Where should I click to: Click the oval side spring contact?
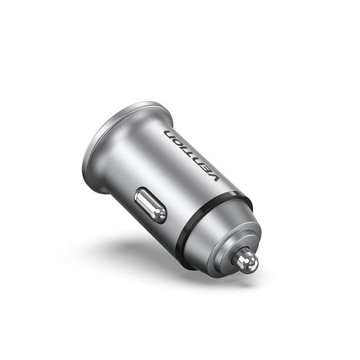pyautogui.click(x=149, y=205)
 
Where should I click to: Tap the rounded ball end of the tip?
pyautogui.click(x=253, y=264)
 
